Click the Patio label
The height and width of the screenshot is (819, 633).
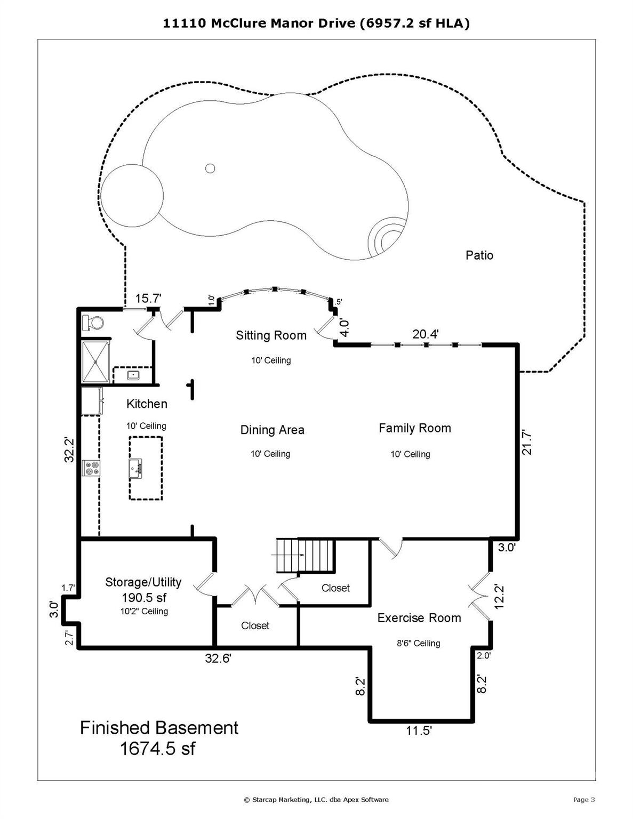[479, 255]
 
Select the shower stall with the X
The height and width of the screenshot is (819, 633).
[95, 362]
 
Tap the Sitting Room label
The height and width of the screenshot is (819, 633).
[271, 335]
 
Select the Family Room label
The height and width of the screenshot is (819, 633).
[414, 428]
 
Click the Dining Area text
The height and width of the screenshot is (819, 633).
[272, 430]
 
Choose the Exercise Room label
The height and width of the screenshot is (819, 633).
[419, 618]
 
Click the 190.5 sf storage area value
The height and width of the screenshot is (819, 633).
[144, 597]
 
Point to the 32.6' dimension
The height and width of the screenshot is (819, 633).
[218, 659]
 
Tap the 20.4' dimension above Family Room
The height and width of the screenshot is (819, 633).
[425, 334]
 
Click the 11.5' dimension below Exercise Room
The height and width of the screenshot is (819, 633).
[419, 730]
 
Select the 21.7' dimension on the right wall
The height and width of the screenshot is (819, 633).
[527, 443]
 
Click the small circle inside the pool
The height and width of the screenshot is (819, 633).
[210, 168]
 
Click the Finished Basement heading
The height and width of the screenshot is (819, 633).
[159, 728]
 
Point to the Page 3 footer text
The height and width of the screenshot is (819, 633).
[583, 799]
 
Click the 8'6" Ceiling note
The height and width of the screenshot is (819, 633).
[418, 643]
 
